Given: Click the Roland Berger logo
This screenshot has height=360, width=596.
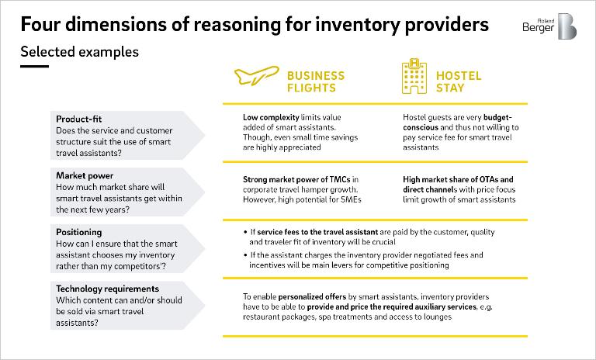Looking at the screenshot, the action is point(549,26).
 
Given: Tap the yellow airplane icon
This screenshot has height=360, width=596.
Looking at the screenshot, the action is point(257,75).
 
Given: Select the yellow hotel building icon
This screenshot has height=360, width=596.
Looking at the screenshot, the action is point(414,76).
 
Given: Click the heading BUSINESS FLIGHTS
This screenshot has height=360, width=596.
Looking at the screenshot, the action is point(316,81).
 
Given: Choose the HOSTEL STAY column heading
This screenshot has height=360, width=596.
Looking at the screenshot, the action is point(459,81).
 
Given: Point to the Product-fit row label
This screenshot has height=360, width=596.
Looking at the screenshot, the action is point(78,119).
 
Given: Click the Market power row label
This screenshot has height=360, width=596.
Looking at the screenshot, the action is point(85,175).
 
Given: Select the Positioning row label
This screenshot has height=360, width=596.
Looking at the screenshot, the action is point(78,232).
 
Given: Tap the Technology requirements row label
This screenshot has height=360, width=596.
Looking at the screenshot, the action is point(108,289).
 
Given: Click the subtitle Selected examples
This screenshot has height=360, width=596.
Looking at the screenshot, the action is point(80,52).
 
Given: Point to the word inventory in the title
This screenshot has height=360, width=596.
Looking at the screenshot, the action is point(358,25).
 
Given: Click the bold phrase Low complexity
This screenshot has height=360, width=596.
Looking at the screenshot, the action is point(271,117).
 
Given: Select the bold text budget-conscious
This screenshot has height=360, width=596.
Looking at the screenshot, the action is point(458,123).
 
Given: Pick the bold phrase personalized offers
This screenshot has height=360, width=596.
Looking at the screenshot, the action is point(312,297).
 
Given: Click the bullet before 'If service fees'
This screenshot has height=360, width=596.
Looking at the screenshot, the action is point(245,232).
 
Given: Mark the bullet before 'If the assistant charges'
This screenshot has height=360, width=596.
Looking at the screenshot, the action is point(245,254).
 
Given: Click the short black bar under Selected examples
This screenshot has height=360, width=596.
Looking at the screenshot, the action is point(35,66).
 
